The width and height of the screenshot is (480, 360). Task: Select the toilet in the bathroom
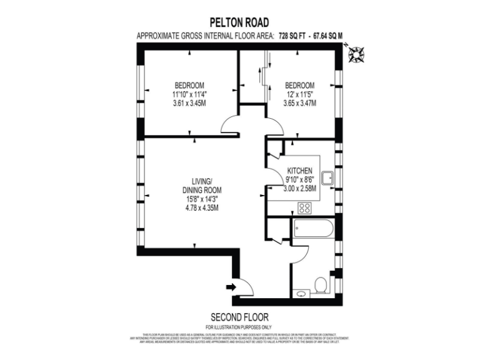pos(321,284)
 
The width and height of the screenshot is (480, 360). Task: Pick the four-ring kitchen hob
pos(305,208)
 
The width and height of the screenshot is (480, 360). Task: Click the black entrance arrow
pos(230,287)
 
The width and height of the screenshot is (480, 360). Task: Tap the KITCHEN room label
pos(300,170)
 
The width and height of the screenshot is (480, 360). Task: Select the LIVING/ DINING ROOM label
pos(201,185)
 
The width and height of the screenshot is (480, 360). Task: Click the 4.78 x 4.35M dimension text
pos(201,207)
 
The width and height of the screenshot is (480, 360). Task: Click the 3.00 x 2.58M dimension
pos(300,188)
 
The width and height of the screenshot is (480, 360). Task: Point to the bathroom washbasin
pos(301,292)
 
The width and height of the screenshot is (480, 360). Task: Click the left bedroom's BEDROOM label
pos(189,85)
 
